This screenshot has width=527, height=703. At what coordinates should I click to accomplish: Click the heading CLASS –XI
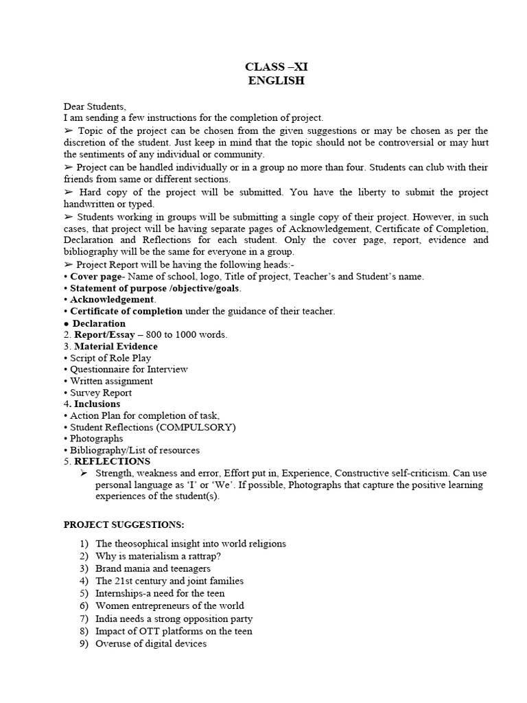click(x=272, y=67)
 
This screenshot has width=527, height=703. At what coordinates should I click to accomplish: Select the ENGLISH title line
click(x=272, y=80)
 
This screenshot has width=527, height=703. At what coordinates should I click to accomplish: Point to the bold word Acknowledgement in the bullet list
click(x=113, y=300)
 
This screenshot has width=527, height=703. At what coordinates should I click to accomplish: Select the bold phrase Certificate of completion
click(x=126, y=312)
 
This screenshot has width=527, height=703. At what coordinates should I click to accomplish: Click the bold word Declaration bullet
click(x=99, y=323)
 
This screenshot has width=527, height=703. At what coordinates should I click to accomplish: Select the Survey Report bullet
click(x=101, y=393)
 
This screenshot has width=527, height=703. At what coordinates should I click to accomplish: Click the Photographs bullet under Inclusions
click(x=97, y=439)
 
